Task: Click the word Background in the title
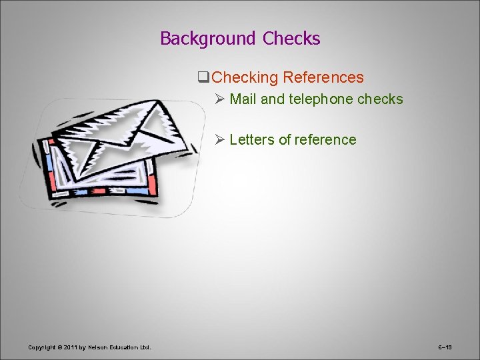(x=207, y=39)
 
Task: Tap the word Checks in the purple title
(x=291, y=39)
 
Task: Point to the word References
(x=323, y=77)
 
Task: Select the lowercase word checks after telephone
(x=380, y=99)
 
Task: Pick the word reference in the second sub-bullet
(x=326, y=140)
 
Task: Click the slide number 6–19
(x=445, y=347)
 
